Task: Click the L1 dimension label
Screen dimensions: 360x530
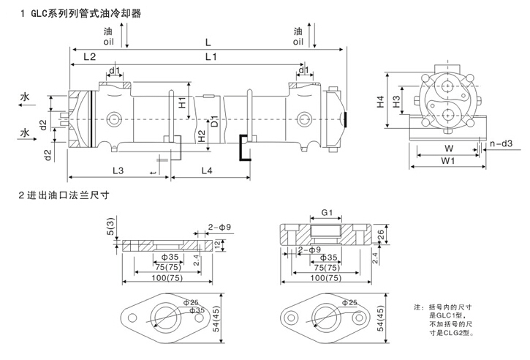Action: (211, 56)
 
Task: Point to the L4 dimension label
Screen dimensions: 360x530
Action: (207, 170)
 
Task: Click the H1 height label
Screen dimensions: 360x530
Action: (182, 103)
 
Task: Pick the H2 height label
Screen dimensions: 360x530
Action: (202, 135)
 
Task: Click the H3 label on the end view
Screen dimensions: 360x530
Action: (396, 102)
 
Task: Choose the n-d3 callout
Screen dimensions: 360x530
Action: (502, 143)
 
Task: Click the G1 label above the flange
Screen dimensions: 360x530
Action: (327, 214)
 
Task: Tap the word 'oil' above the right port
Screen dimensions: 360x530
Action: (298, 42)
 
